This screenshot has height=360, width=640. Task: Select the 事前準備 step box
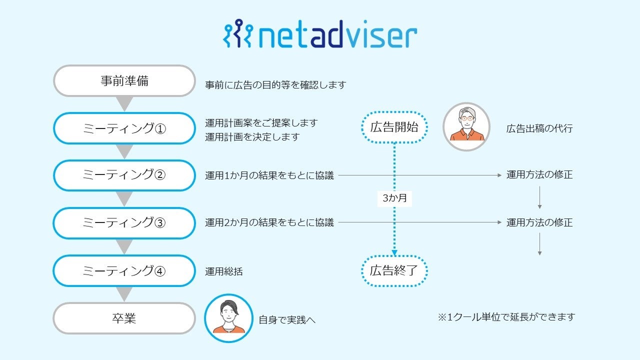click(x=124, y=81)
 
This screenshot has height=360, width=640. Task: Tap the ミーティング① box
click(x=124, y=128)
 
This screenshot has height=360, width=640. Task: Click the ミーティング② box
click(x=124, y=175)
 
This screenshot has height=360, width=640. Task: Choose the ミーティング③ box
click(x=124, y=223)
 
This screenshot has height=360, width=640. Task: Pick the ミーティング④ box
click(x=124, y=271)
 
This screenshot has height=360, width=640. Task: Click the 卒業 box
click(x=124, y=318)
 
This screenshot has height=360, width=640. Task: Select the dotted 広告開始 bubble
click(x=394, y=127)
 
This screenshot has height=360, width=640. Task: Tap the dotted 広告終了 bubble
click(x=394, y=271)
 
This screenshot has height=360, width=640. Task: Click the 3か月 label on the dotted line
click(x=394, y=198)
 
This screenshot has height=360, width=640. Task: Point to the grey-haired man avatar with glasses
click(x=466, y=127)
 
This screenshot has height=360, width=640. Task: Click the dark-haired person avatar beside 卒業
click(x=228, y=318)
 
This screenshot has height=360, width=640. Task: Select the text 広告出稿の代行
click(x=539, y=128)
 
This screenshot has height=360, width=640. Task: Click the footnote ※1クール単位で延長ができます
click(x=506, y=317)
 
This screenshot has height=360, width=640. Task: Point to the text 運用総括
click(x=224, y=271)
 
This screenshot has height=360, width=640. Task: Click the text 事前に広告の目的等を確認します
click(x=275, y=85)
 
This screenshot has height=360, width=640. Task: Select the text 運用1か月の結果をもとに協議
click(x=269, y=175)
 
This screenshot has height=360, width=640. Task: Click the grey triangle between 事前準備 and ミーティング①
click(x=124, y=103)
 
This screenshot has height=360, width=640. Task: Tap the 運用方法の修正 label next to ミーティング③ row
click(x=539, y=222)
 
